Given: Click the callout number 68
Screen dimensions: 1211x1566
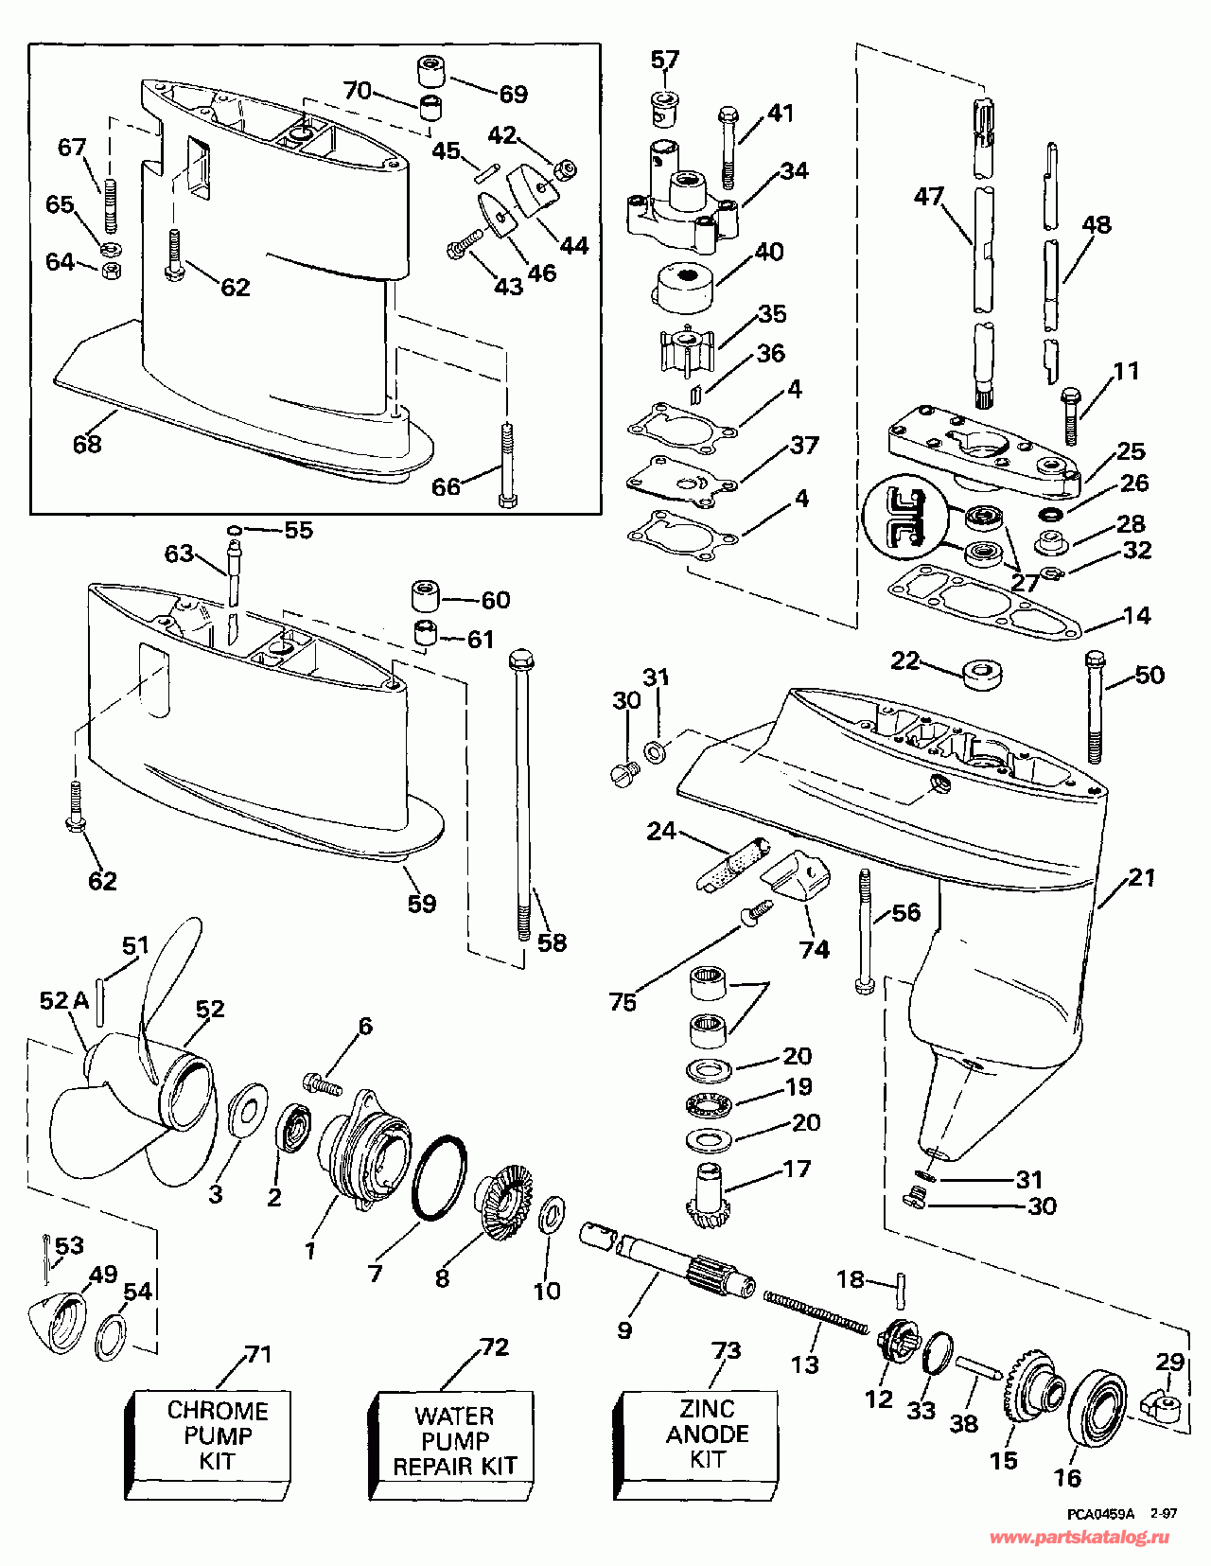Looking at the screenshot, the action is [x=87, y=444].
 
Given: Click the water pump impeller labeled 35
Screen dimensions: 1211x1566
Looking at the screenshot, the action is [x=685, y=351].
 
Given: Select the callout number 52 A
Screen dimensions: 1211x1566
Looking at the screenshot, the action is [x=63, y=1000].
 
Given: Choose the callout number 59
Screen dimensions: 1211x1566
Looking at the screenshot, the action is [x=422, y=904].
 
